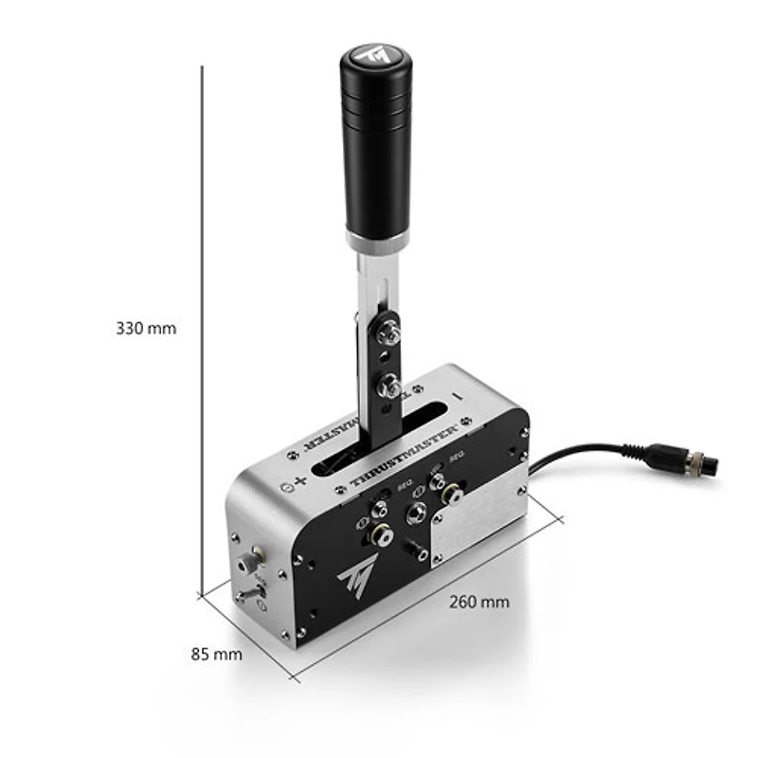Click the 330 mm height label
(x=146, y=329)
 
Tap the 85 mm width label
(x=215, y=654)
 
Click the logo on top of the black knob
(x=378, y=54)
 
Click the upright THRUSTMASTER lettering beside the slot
(x=404, y=460)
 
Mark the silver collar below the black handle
(x=377, y=243)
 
